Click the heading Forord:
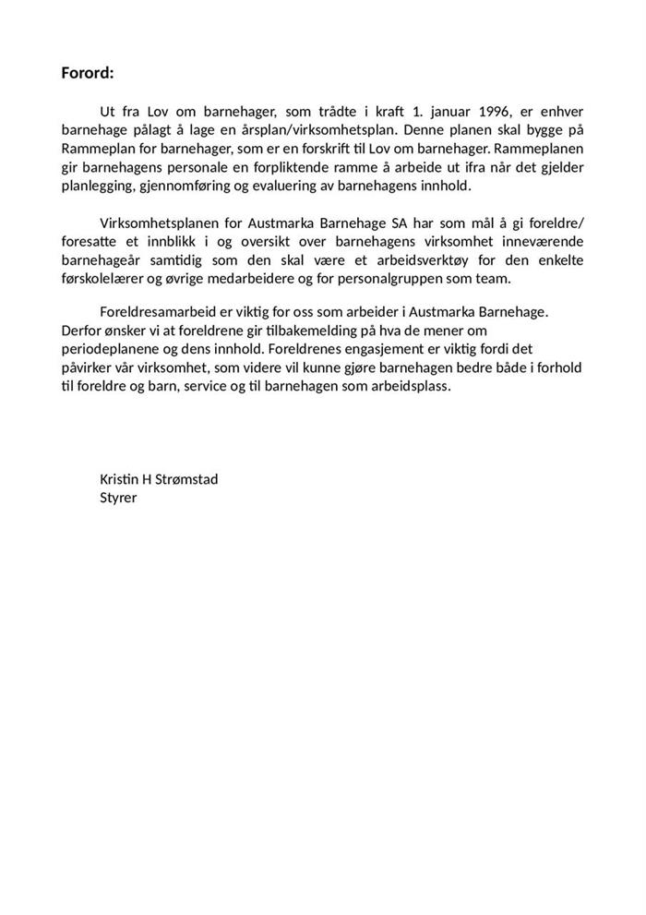(x=87, y=73)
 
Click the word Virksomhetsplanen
(x=156, y=223)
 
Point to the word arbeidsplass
(x=409, y=386)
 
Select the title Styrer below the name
(x=118, y=497)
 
